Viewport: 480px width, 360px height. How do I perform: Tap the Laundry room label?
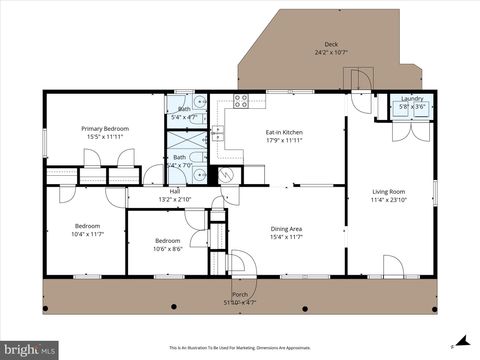pos(412,99)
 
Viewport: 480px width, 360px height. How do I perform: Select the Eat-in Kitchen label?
pos(290,133)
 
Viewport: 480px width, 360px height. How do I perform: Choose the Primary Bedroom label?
pos(104,129)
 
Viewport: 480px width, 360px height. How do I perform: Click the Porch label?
pos(240,294)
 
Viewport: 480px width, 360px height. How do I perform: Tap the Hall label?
pos(175,191)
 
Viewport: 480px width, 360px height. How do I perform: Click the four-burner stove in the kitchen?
pos(241,100)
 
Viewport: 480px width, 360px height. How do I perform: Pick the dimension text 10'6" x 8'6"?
pos(167,248)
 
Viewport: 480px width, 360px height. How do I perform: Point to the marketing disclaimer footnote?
pos(240,347)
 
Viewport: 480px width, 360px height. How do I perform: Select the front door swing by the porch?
pos(237,262)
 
